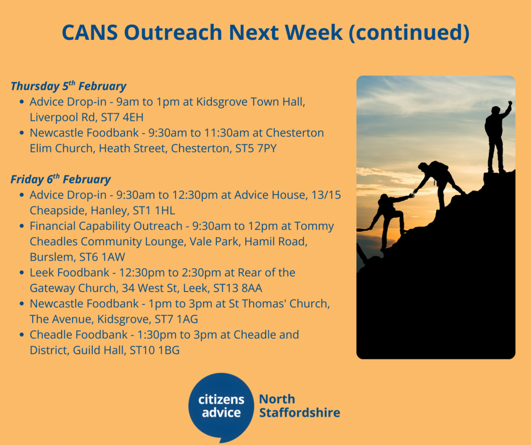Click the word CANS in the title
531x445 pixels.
coord(90,33)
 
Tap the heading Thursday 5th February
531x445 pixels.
coord(68,86)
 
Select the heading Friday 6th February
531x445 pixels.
coord(61,179)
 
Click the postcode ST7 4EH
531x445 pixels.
coord(122,117)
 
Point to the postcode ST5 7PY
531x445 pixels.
coord(256,148)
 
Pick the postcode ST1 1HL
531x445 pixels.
coord(153,211)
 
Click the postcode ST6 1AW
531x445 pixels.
coord(102,257)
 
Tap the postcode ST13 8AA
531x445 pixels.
coord(237,288)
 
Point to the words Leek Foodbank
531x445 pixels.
coord(69,273)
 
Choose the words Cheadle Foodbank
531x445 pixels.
coord(79,335)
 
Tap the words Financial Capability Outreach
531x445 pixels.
coord(106,226)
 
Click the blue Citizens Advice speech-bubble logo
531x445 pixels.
coord(221,408)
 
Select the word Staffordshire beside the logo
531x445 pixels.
coord(300,413)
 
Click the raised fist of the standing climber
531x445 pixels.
coord(510,103)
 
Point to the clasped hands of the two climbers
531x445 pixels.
coord(412,194)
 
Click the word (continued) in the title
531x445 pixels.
coord(409,33)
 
